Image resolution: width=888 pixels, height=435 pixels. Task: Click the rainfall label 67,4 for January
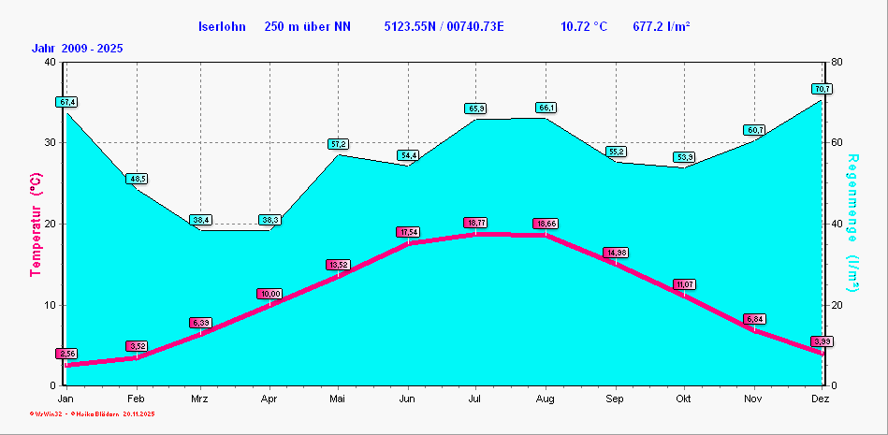66,101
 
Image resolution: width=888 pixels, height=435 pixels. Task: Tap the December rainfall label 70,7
822,89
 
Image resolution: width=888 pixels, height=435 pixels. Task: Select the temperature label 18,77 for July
476,223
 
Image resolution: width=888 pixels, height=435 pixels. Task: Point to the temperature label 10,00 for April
269,294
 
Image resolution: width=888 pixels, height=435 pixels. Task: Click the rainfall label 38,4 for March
201,220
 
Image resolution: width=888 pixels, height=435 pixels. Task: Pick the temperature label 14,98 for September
615,253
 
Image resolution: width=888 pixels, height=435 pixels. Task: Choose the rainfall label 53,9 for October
684,157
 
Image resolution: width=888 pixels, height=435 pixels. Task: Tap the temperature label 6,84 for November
755,319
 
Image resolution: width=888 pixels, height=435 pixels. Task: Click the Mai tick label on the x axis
338,399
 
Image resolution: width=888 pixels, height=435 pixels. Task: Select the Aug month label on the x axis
546,399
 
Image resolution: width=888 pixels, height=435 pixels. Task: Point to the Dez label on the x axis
821,399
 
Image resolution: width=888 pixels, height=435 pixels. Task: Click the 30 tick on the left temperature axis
50,143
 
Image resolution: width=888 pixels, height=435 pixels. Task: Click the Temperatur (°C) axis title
36,225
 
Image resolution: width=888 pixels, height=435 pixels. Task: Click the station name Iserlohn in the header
221,26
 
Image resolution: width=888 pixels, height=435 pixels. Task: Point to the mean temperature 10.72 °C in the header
584,26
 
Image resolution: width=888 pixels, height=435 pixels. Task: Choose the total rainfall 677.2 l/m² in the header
662,26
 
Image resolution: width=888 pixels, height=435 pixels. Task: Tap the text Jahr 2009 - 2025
77,48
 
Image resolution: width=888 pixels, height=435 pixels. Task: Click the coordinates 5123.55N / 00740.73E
444,26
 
